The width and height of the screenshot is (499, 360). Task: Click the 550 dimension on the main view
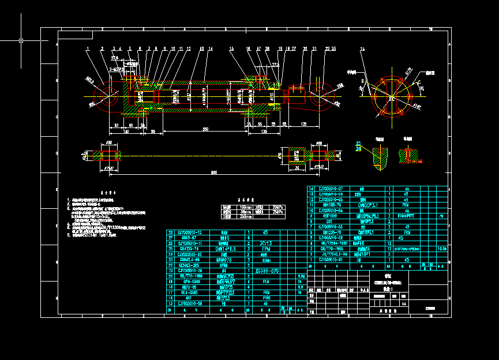pos(205,129)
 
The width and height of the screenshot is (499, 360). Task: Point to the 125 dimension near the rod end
pos(303,123)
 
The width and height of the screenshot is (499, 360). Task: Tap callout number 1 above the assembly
pos(88,48)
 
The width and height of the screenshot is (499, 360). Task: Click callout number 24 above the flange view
pos(362,49)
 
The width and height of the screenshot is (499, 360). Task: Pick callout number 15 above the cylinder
pos(231,48)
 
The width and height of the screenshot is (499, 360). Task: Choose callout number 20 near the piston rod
pos(305,48)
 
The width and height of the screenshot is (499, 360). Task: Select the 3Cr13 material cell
pos(266,243)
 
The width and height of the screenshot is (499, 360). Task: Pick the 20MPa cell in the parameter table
pos(277,207)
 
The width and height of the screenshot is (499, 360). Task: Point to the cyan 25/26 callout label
pos(358,147)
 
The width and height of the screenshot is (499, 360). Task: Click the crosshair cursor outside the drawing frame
pos(21,40)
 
